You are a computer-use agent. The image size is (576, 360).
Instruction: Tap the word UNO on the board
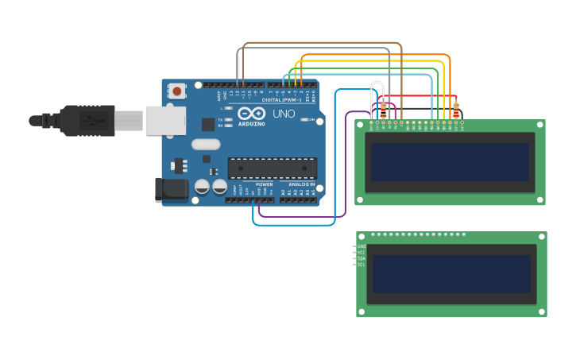click(x=284, y=114)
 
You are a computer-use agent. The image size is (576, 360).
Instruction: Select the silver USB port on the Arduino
click(x=165, y=121)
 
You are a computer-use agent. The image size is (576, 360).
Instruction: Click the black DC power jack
click(x=170, y=189)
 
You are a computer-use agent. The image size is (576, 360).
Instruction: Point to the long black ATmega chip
click(x=273, y=168)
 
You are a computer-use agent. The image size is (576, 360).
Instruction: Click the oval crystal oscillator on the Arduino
click(x=205, y=145)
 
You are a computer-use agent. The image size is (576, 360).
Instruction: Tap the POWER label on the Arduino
click(x=264, y=184)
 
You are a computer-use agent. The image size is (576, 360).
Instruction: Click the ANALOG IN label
click(x=301, y=184)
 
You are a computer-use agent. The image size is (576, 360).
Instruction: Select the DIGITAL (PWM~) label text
click(x=283, y=99)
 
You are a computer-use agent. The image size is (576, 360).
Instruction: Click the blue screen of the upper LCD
click(x=449, y=162)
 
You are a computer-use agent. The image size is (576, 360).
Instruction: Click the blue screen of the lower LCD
click(x=450, y=274)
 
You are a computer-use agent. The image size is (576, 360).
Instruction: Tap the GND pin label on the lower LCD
click(x=361, y=247)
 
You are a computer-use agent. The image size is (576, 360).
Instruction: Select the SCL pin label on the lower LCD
click(x=361, y=264)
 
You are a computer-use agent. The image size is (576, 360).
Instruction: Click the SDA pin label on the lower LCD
click(x=361, y=258)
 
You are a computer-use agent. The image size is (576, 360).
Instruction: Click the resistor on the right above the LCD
click(x=455, y=110)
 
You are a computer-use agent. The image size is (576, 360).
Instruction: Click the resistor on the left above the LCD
click(x=384, y=110)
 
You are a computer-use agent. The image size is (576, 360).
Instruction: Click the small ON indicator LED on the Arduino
click(x=305, y=120)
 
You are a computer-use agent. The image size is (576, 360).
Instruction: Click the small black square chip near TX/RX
click(x=208, y=124)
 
